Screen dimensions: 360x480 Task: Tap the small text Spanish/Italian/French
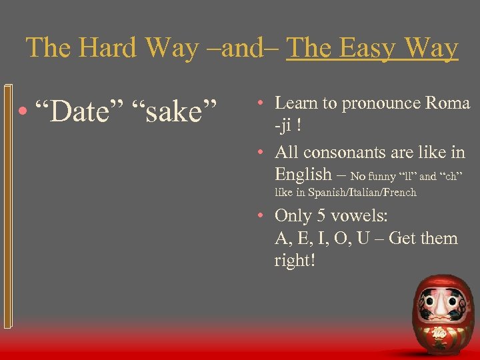pos(357,193)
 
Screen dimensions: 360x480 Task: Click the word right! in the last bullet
pos(294,260)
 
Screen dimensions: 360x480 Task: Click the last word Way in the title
pos(433,49)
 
